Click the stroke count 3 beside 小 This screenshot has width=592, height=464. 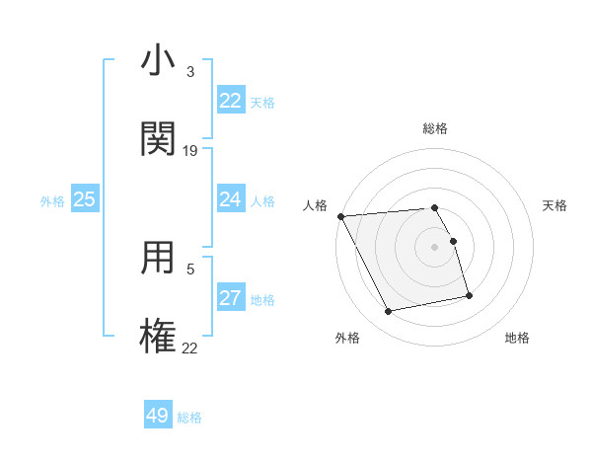click(x=190, y=72)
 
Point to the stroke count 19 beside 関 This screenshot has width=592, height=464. click(x=190, y=151)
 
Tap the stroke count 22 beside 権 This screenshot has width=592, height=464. click(x=190, y=348)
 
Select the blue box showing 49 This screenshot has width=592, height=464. click(x=158, y=416)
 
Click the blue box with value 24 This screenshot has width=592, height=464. click(x=230, y=199)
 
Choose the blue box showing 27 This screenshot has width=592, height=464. click(x=230, y=298)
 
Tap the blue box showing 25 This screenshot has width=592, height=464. click(x=85, y=199)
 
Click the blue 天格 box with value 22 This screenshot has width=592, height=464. click(x=230, y=101)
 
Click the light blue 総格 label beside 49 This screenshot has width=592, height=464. click(x=189, y=418)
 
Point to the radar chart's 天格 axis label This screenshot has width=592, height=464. click(x=555, y=205)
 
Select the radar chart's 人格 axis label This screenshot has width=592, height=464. click(x=315, y=205)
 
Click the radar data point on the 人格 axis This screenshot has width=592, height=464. click(x=340, y=216)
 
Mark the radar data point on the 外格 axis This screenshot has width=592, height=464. click(x=389, y=312)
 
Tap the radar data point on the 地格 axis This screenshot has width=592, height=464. click(x=469, y=295)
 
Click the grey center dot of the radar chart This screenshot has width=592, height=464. click(x=434, y=246)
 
